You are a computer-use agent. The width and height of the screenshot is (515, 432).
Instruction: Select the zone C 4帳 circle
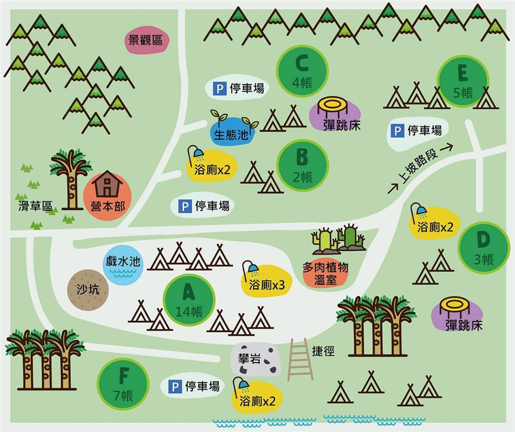tap(302, 71)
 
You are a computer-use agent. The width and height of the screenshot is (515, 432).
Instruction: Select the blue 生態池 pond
tap(232, 132)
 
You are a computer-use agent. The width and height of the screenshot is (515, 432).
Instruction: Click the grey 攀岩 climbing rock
tap(255, 359)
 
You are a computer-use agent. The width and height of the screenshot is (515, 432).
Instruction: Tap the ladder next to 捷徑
tap(300, 359)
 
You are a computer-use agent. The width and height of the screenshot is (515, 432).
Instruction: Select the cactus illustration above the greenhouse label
tap(337, 240)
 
